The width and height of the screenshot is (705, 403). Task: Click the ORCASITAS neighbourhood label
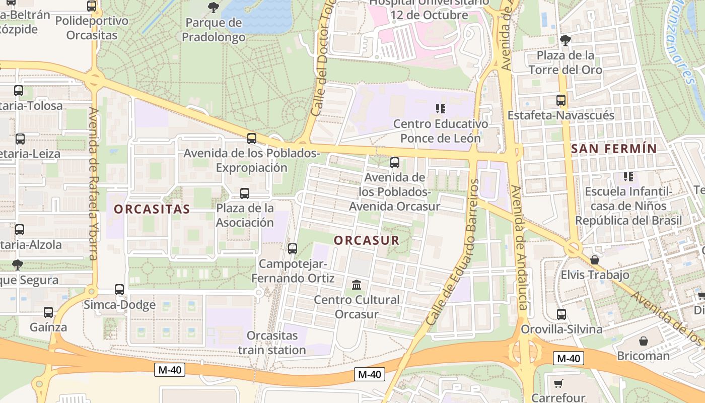pos(152,209)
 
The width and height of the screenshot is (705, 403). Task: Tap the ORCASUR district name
pos(367,240)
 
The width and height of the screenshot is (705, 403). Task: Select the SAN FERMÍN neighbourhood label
pos(614,149)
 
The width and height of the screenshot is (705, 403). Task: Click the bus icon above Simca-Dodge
pos(119,290)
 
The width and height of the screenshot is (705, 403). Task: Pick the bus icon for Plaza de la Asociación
pos(245,193)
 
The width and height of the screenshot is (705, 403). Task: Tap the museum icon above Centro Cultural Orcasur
pos(357,285)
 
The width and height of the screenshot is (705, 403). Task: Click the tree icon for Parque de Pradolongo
pos(214,8)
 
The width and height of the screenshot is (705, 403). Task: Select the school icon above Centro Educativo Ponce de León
pos(441,108)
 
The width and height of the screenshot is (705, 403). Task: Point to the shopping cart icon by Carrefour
pos(558,384)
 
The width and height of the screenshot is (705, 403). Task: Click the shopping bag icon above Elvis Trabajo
pos(595,260)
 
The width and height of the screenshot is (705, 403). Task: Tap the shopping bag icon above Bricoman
pos(643,341)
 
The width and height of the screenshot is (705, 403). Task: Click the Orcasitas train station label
pos(272,343)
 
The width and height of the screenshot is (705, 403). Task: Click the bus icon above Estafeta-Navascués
pos(561,100)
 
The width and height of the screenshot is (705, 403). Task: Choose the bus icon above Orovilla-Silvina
pos(561,314)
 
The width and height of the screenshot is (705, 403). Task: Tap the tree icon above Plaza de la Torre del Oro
pos(566,40)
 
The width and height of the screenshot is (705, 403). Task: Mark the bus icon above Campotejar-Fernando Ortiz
pos(293,248)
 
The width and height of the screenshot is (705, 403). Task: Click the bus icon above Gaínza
pos(48,312)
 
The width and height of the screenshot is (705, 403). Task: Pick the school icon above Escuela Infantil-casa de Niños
pos(628,177)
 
